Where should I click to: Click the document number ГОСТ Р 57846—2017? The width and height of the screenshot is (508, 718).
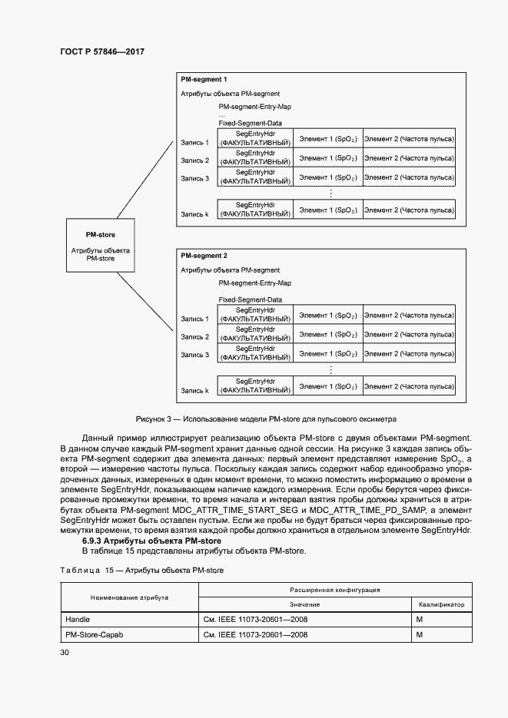click(102, 51)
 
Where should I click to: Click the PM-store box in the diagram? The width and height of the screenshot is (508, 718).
click(101, 244)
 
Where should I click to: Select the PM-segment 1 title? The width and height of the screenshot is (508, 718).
click(203, 79)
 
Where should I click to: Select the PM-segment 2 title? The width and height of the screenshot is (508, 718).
click(203, 255)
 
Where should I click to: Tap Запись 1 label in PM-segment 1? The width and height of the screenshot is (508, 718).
click(194, 142)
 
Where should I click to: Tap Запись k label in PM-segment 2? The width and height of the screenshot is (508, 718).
click(194, 390)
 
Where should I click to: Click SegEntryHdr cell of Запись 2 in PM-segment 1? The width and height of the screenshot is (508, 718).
click(255, 160)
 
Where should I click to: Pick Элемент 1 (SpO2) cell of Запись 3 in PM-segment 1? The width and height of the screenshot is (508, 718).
click(327, 178)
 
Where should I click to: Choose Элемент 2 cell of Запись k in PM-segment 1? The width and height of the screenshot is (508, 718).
click(408, 210)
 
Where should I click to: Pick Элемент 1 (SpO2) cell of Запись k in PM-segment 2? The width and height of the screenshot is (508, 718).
click(327, 385)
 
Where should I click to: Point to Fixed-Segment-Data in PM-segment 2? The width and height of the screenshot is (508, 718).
click(250, 299)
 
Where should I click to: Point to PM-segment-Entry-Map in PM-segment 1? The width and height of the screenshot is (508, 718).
click(255, 107)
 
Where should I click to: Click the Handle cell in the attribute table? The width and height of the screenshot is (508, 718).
click(78, 617)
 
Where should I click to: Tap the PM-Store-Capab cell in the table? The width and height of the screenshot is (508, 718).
click(95, 635)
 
